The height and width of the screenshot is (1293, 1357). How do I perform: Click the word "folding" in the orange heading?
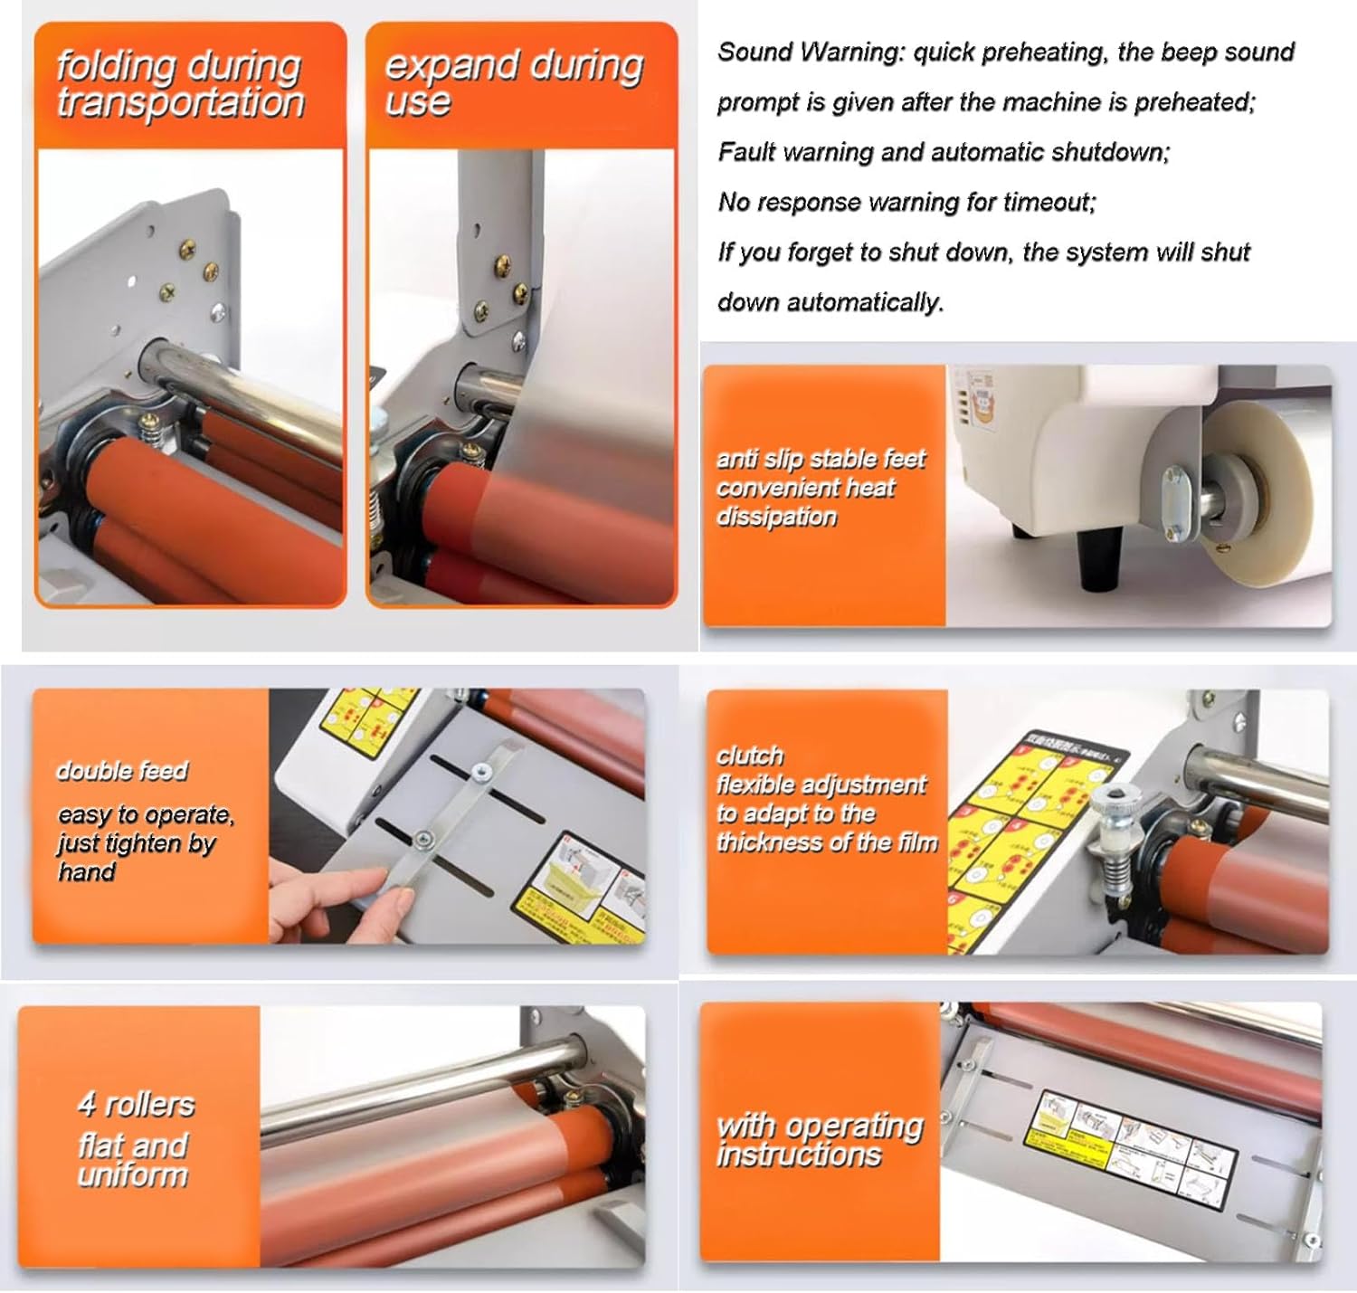[x=116, y=66]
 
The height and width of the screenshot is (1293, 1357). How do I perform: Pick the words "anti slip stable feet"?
[x=821, y=459]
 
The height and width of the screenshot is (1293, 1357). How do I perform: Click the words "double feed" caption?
[x=121, y=771]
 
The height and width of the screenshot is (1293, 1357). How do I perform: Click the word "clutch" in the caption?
[x=750, y=756]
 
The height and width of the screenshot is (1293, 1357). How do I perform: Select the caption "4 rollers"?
[x=136, y=1105]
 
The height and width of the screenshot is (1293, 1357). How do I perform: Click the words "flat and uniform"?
[x=133, y=1160]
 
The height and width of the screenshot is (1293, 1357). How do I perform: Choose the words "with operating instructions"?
[x=819, y=1139]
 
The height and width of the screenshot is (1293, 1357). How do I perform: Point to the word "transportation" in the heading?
[x=181, y=102]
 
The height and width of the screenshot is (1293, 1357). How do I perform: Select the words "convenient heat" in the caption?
[x=805, y=488]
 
